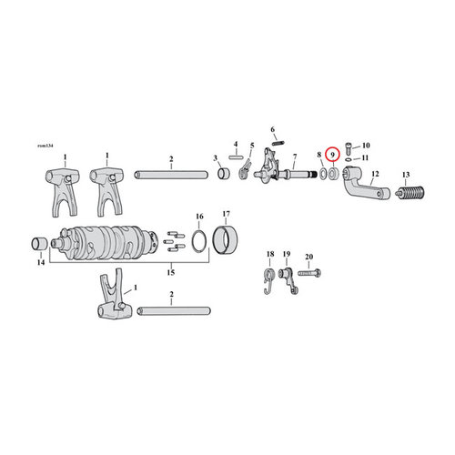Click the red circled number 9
pyautogui.click(x=334, y=156)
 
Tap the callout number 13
pyautogui.click(x=405, y=175)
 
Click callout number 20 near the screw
pyautogui.click(x=308, y=258)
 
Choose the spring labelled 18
pyautogui.click(x=269, y=281)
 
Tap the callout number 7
pyautogui.click(x=294, y=157)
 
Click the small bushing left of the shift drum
pyautogui.click(x=39, y=243)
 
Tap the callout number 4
pyautogui.click(x=234, y=144)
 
